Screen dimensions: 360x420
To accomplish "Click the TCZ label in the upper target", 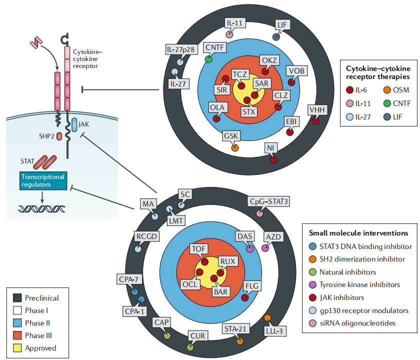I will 240,74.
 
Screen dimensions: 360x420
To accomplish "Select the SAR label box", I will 262,83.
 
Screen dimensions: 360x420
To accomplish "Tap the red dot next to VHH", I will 315,120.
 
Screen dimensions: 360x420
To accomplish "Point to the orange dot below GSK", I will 234,148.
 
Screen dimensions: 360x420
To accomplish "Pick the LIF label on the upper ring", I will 282,24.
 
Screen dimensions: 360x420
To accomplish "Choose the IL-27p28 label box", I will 180,49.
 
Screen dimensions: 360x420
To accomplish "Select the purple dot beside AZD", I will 265,247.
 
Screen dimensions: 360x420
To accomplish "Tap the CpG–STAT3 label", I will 269,201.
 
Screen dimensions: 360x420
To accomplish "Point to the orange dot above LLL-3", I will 267,318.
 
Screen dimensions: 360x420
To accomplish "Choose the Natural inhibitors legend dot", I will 312,272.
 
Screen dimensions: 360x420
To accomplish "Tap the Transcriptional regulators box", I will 42,180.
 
